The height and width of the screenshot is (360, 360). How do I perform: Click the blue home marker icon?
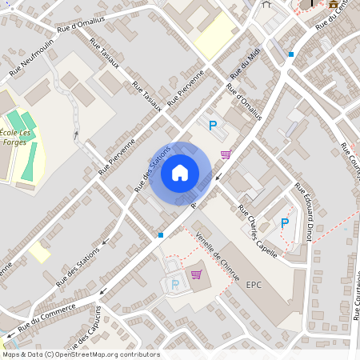click(x=180, y=172)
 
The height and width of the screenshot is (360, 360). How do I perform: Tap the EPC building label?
click(x=254, y=284)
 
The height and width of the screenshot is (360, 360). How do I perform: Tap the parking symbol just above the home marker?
click(x=213, y=126)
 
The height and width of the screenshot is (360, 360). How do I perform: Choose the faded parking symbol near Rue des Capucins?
click(x=176, y=284)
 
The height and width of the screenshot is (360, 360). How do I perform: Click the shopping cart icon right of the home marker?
click(x=226, y=154)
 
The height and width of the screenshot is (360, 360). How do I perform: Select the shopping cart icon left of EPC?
click(x=196, y=274)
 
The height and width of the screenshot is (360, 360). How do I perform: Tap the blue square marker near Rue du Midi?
click(x=291, y=54)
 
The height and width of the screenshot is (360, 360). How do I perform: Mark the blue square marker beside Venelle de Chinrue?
click(x=161, y=235)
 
